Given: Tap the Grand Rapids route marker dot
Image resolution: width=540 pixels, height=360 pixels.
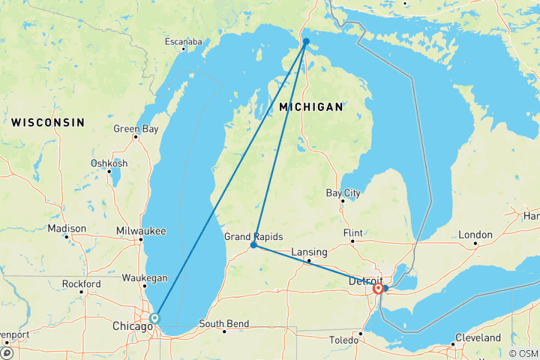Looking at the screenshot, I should coord(254,245).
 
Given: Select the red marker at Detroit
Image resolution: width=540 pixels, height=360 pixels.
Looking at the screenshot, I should coord(378,288).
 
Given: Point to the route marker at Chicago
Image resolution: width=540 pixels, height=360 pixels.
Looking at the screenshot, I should coord(154,318).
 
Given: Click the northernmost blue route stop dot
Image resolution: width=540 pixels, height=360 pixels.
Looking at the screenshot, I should coord(306,42).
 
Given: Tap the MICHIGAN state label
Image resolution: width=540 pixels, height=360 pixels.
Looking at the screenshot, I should coord(310,108).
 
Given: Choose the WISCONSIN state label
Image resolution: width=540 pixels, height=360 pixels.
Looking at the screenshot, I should coord(48,122).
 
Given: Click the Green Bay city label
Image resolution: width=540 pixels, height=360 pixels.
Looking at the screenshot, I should coord(136,129).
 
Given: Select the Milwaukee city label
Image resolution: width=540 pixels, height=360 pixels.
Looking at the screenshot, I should coord(141,231).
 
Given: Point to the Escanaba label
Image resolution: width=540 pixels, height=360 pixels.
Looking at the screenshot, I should coord(184,42).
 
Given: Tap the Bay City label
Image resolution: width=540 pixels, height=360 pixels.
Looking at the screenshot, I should coord(343,193).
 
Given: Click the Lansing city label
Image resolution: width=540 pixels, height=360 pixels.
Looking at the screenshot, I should coord(309,252).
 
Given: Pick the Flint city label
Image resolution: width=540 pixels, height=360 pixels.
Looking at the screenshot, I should coord(352,233).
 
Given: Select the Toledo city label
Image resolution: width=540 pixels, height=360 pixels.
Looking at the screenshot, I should coord(345,340).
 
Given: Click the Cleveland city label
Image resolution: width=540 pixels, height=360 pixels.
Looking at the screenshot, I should coord(477,337).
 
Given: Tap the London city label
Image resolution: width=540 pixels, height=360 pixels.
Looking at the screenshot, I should coord(475,235).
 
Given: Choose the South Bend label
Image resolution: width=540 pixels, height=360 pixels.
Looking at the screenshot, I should coord(223,324).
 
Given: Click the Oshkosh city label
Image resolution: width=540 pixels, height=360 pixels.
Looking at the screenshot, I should coord(109,163).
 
